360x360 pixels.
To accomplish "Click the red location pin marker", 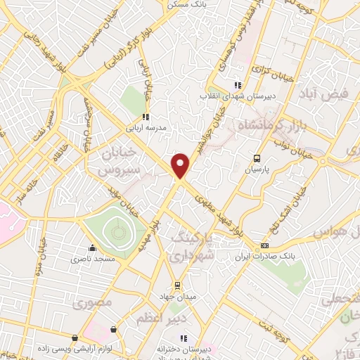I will pos(181,165).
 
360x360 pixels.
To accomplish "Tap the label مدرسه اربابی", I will pos(145,128).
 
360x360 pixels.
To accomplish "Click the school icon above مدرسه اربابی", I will pos(146,117).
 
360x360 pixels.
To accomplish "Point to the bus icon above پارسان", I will pos(257,159).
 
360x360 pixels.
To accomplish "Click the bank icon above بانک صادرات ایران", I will pos(264,245).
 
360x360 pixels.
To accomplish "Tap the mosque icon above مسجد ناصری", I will pos(91,248).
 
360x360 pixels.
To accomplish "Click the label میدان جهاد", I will pos(178,297).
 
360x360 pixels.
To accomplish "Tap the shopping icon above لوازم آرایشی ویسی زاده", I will pos(75,338).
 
